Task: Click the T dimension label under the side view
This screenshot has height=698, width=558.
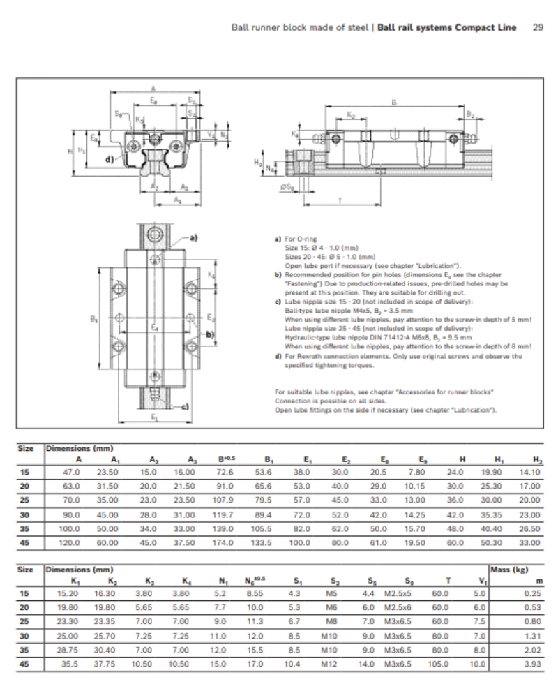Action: pos(339,200)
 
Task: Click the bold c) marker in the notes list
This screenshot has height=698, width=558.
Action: pos(278,301)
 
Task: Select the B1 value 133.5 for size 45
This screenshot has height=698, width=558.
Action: pos(262,542)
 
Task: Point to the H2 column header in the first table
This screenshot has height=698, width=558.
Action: pos(536,459)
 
